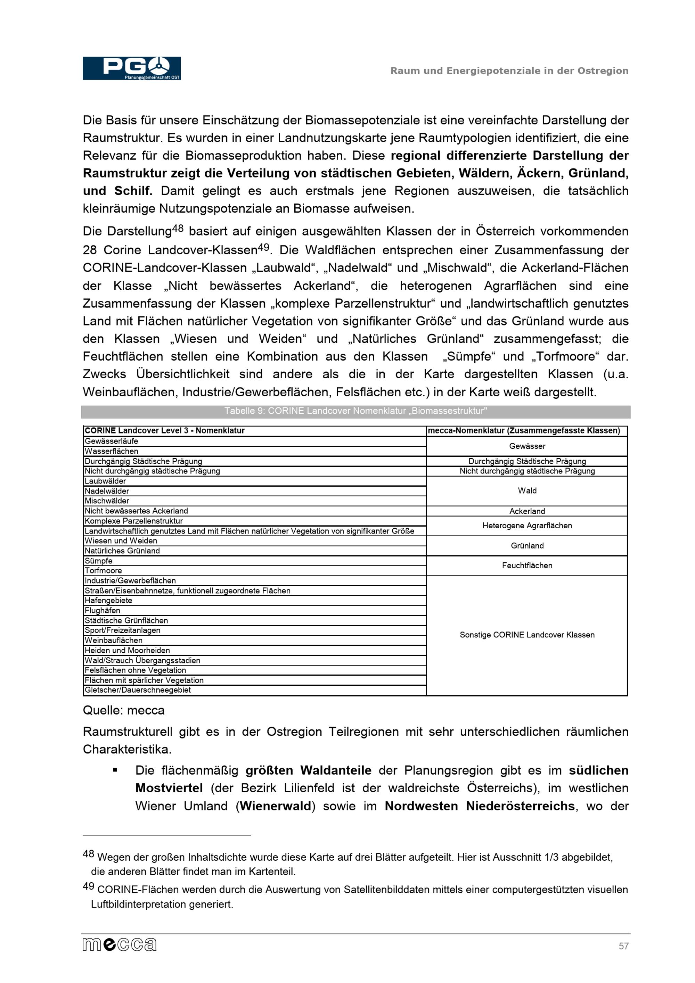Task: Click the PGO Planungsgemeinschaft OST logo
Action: point(131,68)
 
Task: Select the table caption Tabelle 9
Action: point(355,411)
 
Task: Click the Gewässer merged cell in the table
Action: point(527,446)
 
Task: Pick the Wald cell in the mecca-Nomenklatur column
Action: point(527,491)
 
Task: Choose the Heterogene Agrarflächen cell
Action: point(527,526)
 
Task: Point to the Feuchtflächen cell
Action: point(527,565)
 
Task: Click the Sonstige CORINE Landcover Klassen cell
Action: point(527,635)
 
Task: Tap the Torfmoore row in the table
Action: point(103,571)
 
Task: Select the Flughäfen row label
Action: point(103,611)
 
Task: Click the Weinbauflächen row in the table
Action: point(114,641)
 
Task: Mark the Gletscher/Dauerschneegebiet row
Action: point(138,690)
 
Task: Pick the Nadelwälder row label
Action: point(107,491)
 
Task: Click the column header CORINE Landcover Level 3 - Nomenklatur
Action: point(164,431)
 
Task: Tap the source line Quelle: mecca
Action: point(123,711)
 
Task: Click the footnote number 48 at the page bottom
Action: point(88,854)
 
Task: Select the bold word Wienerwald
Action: point(275,806)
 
